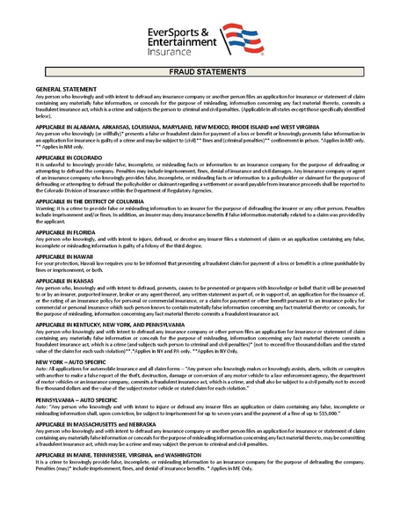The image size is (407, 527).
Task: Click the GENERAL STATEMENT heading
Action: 64,91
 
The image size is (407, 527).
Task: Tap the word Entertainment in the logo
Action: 179,42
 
